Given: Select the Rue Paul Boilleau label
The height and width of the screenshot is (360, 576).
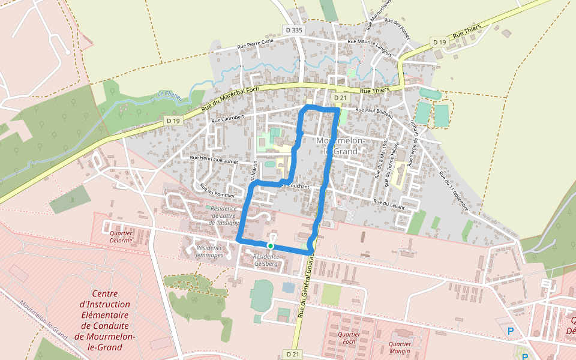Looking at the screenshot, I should (373, 110).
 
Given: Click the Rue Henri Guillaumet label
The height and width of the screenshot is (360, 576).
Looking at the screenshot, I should (214, 160).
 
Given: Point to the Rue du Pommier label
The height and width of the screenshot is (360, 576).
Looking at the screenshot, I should (217, 190).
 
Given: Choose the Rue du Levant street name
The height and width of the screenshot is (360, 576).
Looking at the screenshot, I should (389, 204).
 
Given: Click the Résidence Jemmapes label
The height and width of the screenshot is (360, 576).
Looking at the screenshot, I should (209, 251).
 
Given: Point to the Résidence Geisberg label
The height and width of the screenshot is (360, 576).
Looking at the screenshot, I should (266, 259).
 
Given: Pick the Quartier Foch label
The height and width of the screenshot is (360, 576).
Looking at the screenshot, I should (349, 338).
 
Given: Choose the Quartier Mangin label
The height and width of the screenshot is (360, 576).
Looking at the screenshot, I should (400, 347).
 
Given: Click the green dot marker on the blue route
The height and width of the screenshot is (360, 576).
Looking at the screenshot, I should (271, 245).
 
